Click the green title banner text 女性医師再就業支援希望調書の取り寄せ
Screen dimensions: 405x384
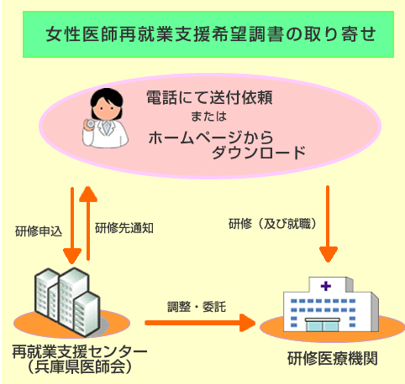coord(211,34)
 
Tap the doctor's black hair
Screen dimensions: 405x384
coord(107,96)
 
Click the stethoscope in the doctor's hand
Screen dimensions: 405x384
coord(91,123)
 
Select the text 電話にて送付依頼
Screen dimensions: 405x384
coord(209,97)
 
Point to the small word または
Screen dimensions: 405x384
coord(208,117)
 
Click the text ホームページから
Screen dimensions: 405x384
coord(211,138)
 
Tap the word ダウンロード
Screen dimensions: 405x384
coord(259,153)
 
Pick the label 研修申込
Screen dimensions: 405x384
coord(39,231)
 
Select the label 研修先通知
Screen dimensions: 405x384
coord(124,228)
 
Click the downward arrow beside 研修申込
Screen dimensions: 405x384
coord(72,226)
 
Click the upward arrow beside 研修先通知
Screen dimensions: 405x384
coord(88,223)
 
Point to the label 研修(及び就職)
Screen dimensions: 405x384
coord(272,224)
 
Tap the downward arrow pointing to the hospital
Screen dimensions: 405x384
coord(328,224)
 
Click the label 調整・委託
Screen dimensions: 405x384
coord(197,307)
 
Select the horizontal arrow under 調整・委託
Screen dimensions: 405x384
coord(200,323)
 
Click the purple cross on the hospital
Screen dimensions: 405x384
coord(326,286)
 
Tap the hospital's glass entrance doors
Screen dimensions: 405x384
coord(323,325)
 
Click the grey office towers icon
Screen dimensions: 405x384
coord(67,302)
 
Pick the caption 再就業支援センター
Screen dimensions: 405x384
coord(80,352)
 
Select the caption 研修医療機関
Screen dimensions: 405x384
coord(333,359)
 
